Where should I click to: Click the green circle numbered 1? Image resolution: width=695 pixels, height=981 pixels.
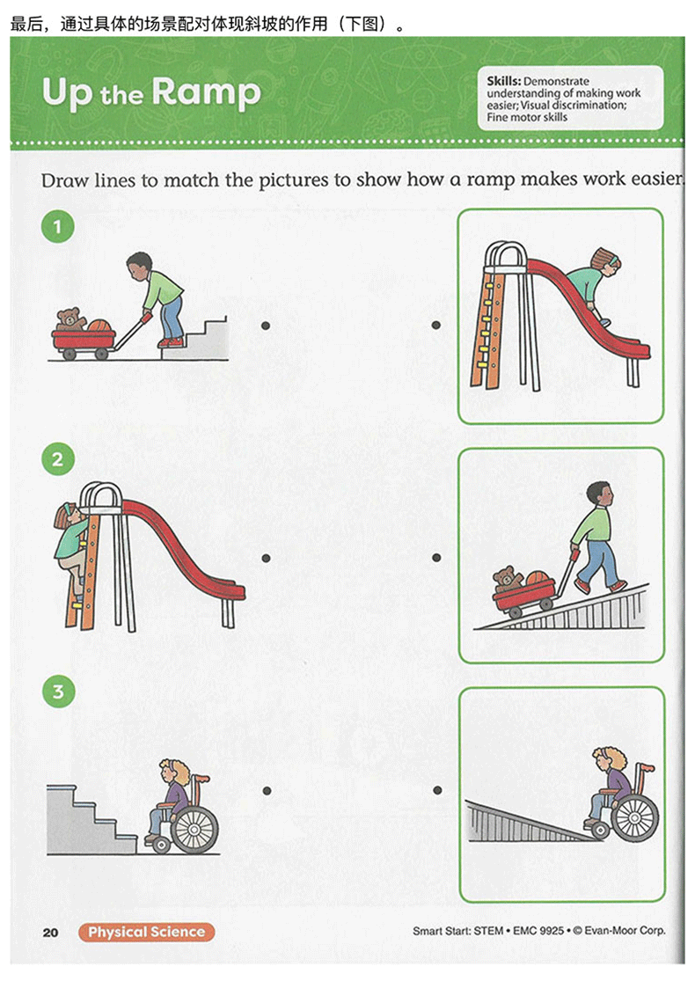57,226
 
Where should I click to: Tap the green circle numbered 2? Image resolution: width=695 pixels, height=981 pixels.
57,460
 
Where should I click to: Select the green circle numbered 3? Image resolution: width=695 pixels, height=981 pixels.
58,692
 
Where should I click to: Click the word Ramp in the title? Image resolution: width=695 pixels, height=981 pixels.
206,94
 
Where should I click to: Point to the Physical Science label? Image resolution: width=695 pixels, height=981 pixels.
146,933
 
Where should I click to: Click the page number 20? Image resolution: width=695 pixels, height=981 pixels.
51,933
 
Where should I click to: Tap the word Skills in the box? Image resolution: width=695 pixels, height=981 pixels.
503,81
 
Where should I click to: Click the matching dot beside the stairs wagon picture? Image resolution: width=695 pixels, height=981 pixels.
266,326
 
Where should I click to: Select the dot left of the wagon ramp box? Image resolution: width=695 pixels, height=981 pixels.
436,558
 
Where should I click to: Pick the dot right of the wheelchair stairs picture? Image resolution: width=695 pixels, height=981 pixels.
267,791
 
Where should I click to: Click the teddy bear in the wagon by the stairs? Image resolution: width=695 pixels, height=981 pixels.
69,319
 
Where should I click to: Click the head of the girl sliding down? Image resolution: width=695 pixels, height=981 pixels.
606,260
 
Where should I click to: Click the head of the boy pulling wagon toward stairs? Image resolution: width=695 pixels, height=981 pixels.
140,267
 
